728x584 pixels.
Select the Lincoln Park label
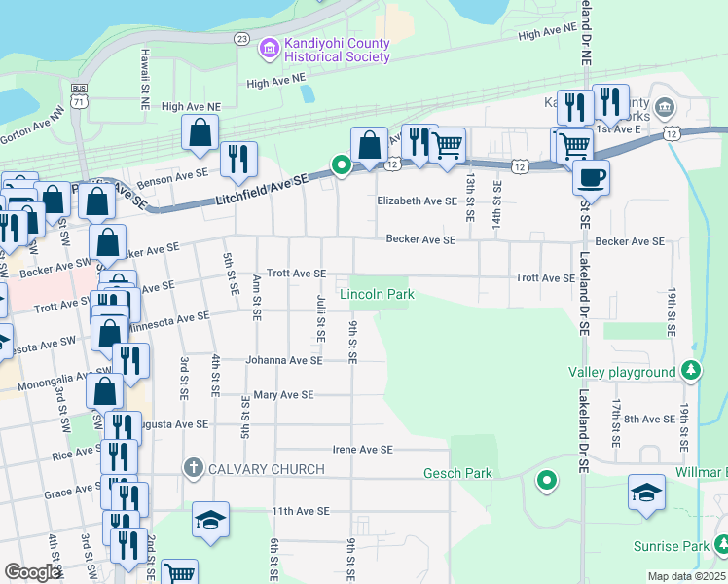[x=377, y=294]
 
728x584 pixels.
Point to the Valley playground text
[x=622, y=372]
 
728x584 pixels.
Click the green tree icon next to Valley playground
[x=690, y=370]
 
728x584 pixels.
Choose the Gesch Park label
[x=457, y=474]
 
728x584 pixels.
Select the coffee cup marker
[x=590, y=177]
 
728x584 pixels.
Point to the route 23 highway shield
[x=242, y=38]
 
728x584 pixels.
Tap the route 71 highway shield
[x=79, y=101]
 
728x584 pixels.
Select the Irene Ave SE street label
[x=362, y=450]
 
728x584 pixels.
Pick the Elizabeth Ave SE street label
[x=417, y=201]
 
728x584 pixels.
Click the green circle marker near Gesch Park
[x=547, y=480]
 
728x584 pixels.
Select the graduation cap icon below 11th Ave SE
[x=210, y=521]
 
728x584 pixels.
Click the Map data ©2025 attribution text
[x=686, y=576]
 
